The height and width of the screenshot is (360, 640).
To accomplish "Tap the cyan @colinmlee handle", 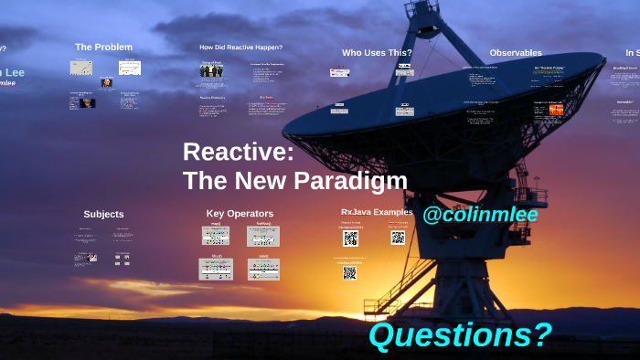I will (480, 216).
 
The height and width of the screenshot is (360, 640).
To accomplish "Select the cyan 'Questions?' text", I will (460, 335).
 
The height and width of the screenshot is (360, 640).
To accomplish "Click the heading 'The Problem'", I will (103, 47).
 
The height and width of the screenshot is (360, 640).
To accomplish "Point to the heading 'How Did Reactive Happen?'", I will (240, 47).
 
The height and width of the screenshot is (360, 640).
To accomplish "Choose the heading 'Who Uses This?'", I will (377, 53).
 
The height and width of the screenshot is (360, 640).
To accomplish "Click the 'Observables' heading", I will (515, 53).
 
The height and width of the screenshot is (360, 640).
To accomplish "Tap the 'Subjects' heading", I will (103, 214).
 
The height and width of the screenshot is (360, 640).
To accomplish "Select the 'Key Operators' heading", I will (240, 214).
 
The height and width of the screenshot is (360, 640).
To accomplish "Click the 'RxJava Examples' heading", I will (377, 212).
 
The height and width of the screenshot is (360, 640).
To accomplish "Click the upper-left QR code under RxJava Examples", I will (350, 238).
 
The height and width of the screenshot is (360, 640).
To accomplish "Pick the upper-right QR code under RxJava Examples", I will (398, 237).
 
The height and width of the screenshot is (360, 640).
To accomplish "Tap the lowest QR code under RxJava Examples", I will (350, 272).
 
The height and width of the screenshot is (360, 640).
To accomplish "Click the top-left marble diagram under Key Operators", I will (216, 236).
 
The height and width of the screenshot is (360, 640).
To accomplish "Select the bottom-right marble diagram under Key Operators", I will (263, 269).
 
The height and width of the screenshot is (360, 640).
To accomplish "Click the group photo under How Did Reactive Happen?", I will (212, 70).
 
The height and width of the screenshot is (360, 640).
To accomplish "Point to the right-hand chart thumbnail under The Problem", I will (129, 68).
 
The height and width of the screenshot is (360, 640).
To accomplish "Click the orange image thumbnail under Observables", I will (556, 111).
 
